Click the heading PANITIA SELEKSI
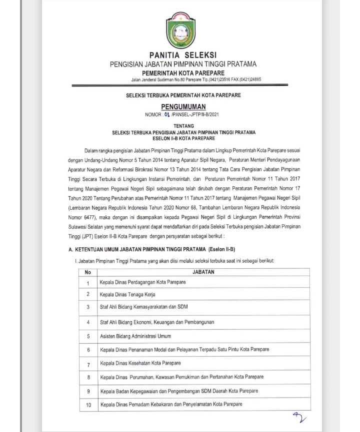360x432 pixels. tap(183, 54)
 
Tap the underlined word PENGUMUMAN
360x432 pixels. tap(183, 106)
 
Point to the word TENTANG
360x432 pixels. tap(183, 126)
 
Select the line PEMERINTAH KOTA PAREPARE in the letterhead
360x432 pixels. tap(183, 73)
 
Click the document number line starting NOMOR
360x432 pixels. tap(183, 114)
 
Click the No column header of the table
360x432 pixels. tap(87, 272)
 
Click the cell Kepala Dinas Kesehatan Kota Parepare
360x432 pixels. tap(140, 363)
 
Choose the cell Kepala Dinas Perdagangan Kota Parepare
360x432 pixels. tap(142, 282)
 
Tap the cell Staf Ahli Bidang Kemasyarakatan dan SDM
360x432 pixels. tap(143, 307)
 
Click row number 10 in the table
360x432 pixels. tap(88, 404)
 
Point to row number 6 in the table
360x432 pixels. tap(88, 350)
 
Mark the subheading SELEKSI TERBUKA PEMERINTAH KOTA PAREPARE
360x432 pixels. tap(183, 95)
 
